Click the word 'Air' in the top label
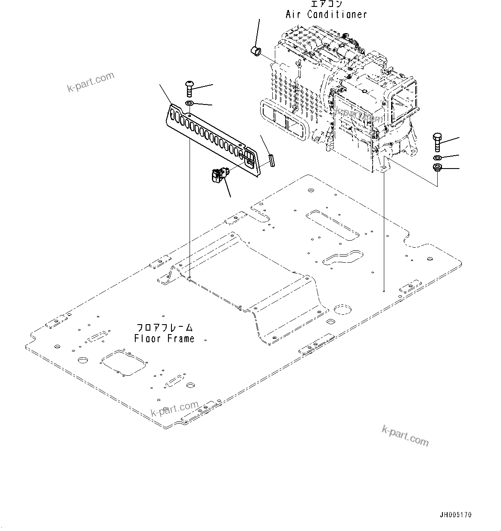pyautogui.click(x=294, y=14)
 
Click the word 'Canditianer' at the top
pyautogui.click(x=337, y=14)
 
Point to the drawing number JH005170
pyautogui.click(x=456, y=515)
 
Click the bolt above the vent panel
pyautogui.click(x=190, y=89)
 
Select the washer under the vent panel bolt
pyautogui.click(x=190, y=104)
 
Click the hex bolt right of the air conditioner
pyautogui.click(x=436, y=142)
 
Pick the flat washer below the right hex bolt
pyautogui.click(x=436, y=157)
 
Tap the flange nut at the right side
pyautogui.click(x=436, y=168)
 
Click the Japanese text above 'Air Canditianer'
pyautogui.click(x=326, y=4)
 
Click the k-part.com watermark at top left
pyautogui.click(x=91, y=82)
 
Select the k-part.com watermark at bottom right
pyautogui.click(x=405, y=435)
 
